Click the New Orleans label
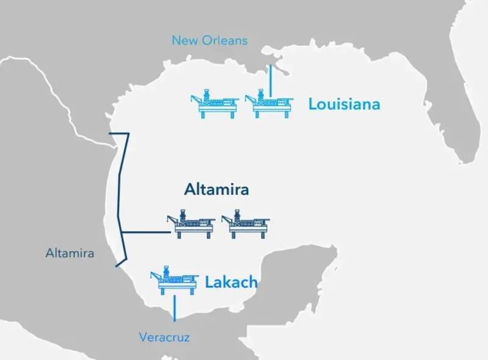tap(209, 40)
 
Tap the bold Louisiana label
tap(344, 104)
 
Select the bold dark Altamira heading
tap(216, 189)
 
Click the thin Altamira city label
tap(70, 252)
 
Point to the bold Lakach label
tap(231, 282)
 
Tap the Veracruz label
tap(164, 337)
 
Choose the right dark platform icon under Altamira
tap(244, 225)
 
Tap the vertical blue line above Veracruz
tap(174, 308)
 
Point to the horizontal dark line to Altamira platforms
tap(147, 232)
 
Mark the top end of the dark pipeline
tap(109, 133)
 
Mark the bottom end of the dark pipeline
tap(117, 266)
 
